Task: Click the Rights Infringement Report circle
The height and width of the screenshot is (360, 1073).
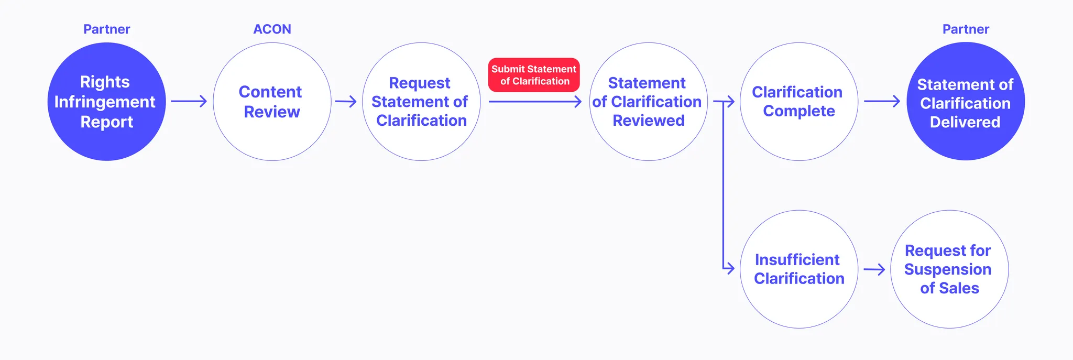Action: tap(106, 102)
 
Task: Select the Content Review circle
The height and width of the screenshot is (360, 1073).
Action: tap(272, 102)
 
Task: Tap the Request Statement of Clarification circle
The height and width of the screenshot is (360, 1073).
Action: tap(421, 102)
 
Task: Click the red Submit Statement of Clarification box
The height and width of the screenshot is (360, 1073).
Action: tap(534, 75)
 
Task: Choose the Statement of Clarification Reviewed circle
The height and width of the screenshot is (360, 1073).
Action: tap(648, 102)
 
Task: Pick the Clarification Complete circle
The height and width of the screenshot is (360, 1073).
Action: tap(798, 102)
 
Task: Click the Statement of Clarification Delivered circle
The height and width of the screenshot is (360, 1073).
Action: tap(965, 102)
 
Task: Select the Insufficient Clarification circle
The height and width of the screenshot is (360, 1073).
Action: tap(798, 269)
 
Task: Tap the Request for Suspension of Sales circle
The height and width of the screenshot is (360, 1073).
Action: tap(949, 269)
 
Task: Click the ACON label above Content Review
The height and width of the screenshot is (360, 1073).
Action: tap(272, 29)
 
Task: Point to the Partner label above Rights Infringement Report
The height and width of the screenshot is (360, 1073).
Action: tap(106, 29)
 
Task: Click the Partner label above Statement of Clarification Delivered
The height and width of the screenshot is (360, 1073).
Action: tap(966, 29)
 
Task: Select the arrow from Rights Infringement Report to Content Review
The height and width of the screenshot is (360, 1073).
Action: tap(189, 101)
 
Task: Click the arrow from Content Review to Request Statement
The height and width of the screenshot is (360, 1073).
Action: tap(346, 101)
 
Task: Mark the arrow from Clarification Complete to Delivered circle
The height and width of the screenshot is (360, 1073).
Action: tap(882, 101)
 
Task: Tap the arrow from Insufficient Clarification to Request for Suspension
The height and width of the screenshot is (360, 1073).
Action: tap(874, 270)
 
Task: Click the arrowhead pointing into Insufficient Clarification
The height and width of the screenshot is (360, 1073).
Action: tap(730, 269)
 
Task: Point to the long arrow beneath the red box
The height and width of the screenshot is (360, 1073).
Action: tap(534, 102)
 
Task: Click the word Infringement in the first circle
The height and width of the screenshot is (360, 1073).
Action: tap(105, 102)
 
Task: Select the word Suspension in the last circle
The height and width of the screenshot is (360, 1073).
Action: tap(948, 269)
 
